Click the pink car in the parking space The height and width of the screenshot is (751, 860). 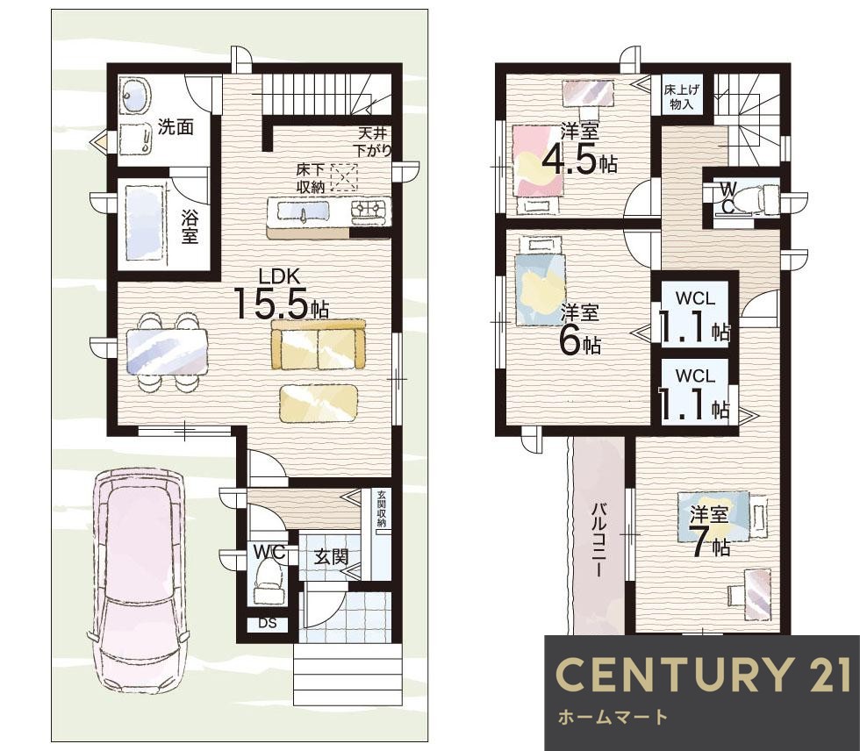click(139, 580)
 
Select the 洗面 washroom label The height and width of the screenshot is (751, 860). click(176, 126)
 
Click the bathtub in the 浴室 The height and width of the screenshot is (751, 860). click(146, 223)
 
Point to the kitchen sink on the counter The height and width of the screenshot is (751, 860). click(303, 211)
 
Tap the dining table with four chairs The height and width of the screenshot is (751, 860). click(167, 352)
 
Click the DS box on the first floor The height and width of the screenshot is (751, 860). click(267, 623)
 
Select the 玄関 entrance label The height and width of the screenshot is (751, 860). click(332, 557)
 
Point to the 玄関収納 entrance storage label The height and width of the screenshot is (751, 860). click(381, 508)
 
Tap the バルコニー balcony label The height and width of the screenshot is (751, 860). click(598, 539)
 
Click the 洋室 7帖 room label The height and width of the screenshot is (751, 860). click(709, 530)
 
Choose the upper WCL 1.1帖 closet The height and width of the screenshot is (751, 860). click(695, 317)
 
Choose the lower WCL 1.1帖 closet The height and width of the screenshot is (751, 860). click(695, 393)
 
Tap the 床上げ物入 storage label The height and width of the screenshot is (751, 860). click(681, 97)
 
